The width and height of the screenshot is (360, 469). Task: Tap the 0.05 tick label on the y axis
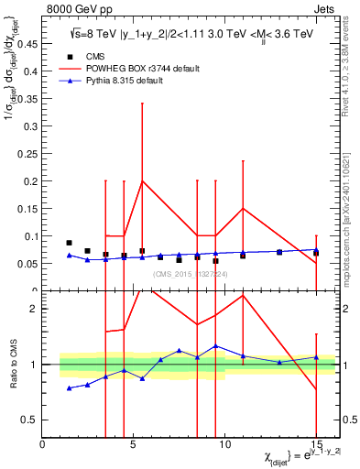(x=27, y=264)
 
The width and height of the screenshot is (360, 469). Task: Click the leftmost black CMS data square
(x=70, y=243)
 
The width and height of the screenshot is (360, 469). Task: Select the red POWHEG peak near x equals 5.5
(x=142, y=180)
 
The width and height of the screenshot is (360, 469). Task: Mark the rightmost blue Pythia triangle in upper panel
(x=316, y=249)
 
